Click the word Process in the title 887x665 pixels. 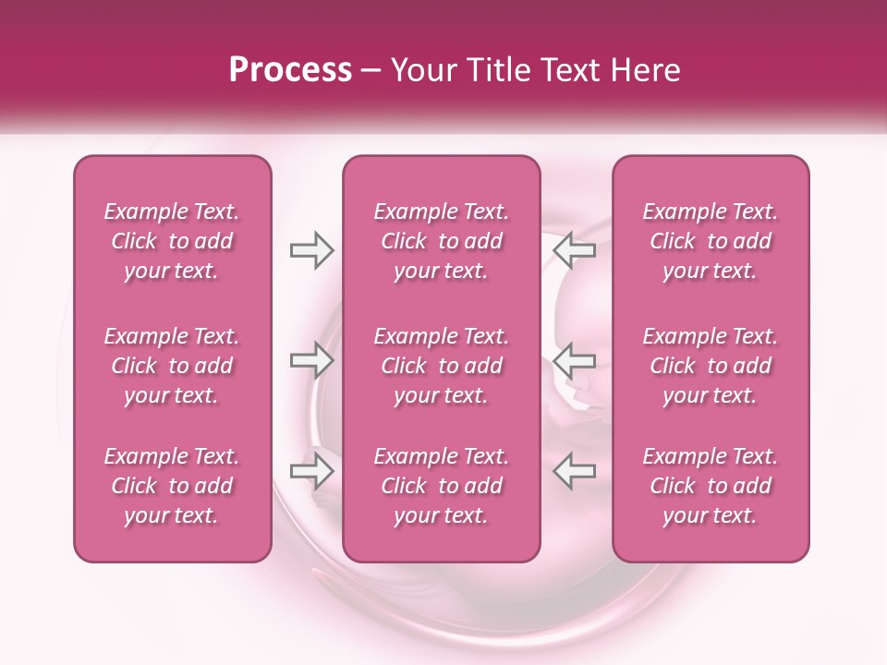[x=290, y=69]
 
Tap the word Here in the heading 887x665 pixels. [x=646, y=69]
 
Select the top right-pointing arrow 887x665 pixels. [x=311, y=250]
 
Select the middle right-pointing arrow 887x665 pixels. [x=311, y=360]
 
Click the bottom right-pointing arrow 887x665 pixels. [x=311, y=471]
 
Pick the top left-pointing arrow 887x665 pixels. [x=574, y=250]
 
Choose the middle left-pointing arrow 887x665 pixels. [x=574, y=360]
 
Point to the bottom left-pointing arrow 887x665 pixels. [x=574, y=471]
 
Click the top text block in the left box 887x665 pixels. [x=172, y=241]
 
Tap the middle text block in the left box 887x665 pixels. [x=172, y=366]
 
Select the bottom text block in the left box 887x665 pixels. [x=172, y=486]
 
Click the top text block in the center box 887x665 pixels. [x=441, y=241]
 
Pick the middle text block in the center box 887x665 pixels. [x=441, y=366]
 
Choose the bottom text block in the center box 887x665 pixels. [x=441, y=486]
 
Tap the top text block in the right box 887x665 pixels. [x=710, y=241]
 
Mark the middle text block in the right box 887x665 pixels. [x=710, y=366]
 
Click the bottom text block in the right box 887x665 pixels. [x=710, y=486]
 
